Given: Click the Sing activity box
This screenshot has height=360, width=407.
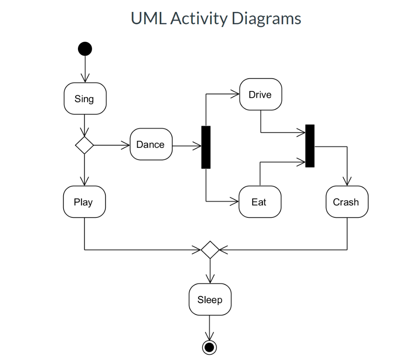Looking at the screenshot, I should (85, 99).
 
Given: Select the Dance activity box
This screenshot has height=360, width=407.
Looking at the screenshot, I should (151, 144).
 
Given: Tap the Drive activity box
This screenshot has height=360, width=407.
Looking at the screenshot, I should (260, 95).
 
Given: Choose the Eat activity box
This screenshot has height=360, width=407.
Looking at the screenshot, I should (260, 202).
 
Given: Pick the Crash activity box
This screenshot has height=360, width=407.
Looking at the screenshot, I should (347, 202).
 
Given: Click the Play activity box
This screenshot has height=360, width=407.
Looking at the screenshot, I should (84, 202).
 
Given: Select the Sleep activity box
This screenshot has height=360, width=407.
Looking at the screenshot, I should (209, 300).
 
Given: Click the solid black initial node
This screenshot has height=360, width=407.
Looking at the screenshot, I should (85, 49).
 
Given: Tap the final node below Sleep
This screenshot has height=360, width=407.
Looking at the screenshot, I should (209, 347).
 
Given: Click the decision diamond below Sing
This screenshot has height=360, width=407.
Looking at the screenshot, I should (85, 145).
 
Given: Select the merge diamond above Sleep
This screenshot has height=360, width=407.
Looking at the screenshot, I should (209, 250).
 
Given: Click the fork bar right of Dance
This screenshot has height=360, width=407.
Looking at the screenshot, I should (206, 147).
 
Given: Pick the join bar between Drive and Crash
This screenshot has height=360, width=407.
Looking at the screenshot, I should (310, 146).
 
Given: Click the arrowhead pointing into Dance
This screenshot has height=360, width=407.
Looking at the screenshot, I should (127, 145).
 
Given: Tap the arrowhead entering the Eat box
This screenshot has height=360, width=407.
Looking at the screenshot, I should (236, 202).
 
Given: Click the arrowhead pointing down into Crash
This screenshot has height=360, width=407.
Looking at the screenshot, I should (347, 182).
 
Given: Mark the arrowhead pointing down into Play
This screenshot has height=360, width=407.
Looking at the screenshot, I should (85, 182).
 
